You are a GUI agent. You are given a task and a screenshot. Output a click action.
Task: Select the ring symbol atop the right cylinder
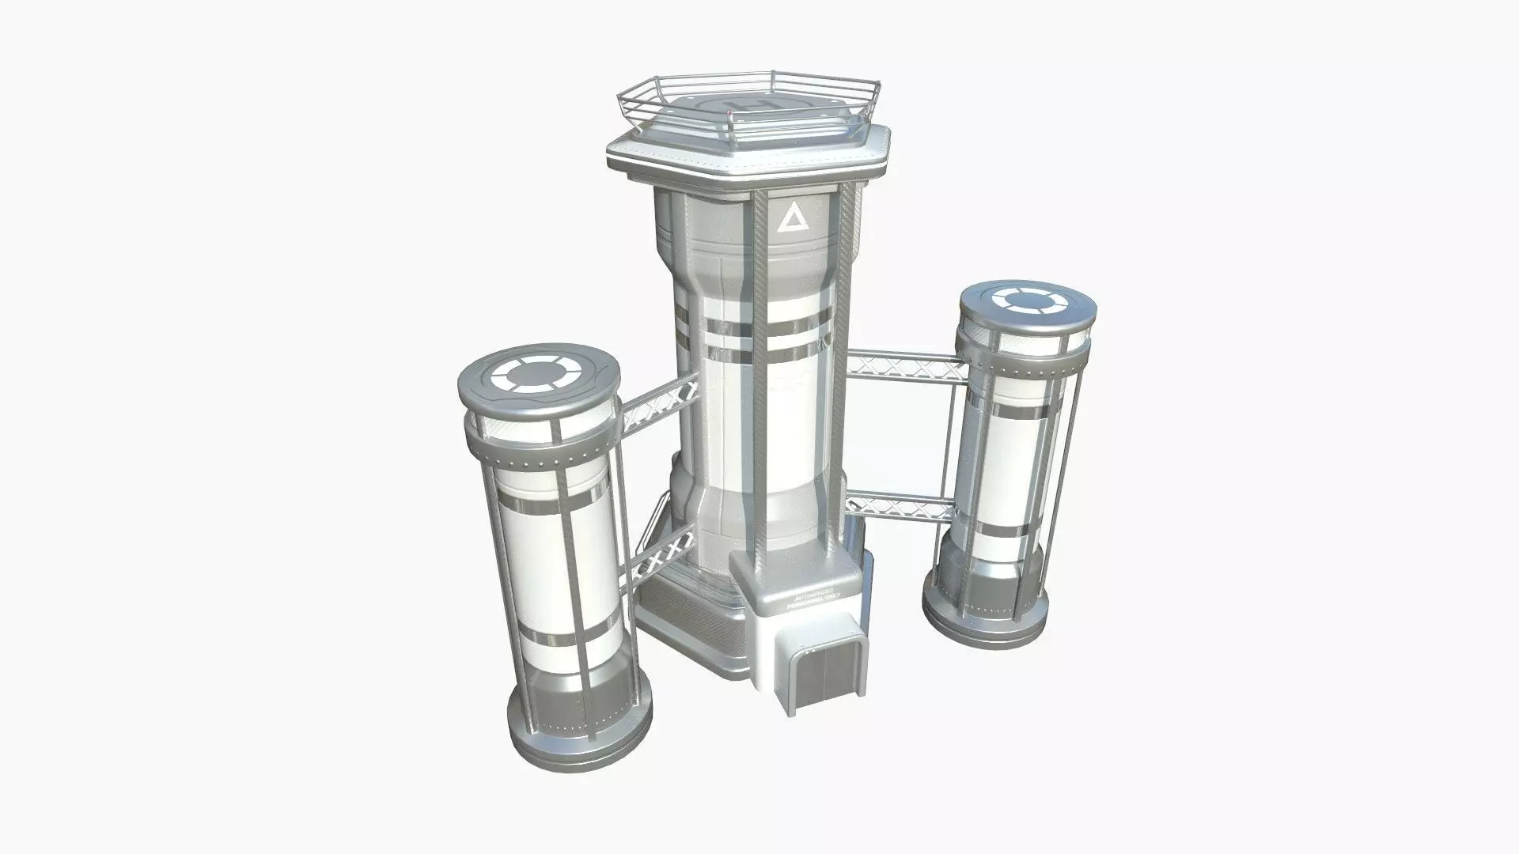1025,301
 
